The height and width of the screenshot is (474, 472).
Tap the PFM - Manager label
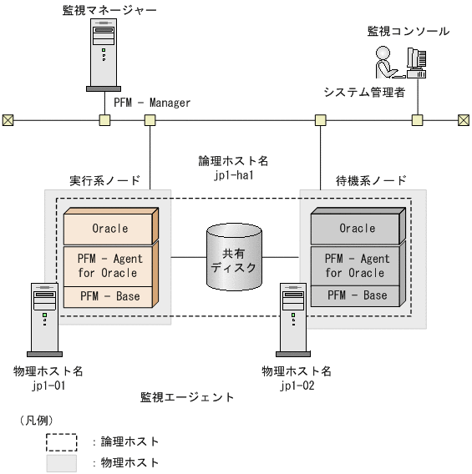point(152,103)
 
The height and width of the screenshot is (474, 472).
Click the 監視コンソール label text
point(408,32)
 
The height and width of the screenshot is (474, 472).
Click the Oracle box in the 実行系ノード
point(110,228)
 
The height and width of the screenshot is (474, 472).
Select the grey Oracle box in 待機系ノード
point(357,228)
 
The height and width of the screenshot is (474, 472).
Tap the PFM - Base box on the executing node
point(110,295)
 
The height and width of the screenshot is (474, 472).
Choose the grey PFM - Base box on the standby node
point(357,295)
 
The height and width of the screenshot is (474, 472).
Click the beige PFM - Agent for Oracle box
point(110,265)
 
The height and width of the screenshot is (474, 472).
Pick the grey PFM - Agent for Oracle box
point(357,265)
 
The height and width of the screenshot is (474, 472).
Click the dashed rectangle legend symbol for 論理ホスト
point(61,441)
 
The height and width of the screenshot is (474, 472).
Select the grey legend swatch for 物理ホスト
point(61,462)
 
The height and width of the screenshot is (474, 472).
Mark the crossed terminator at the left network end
point(8,120)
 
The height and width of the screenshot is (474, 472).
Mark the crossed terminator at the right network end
point(464,120)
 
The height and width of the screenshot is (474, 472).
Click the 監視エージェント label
point(187,397)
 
